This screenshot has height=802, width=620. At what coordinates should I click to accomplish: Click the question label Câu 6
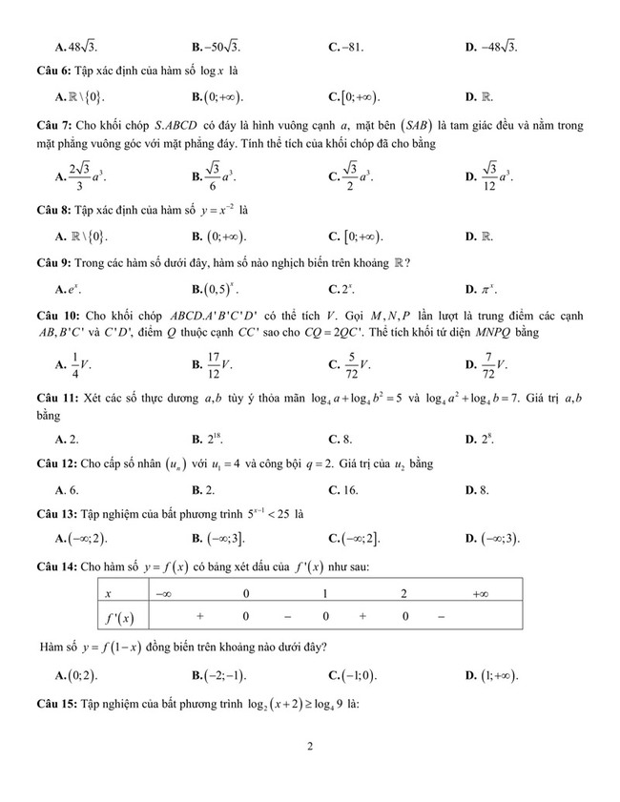(50, 71)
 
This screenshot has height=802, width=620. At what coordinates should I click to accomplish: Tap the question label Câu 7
(50, 124)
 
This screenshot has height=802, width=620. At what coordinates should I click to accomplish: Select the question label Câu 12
(52, 464)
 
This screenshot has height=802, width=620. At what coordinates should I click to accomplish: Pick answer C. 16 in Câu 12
(342, 489)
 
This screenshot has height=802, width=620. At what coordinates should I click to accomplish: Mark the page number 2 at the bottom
(311, 747)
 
